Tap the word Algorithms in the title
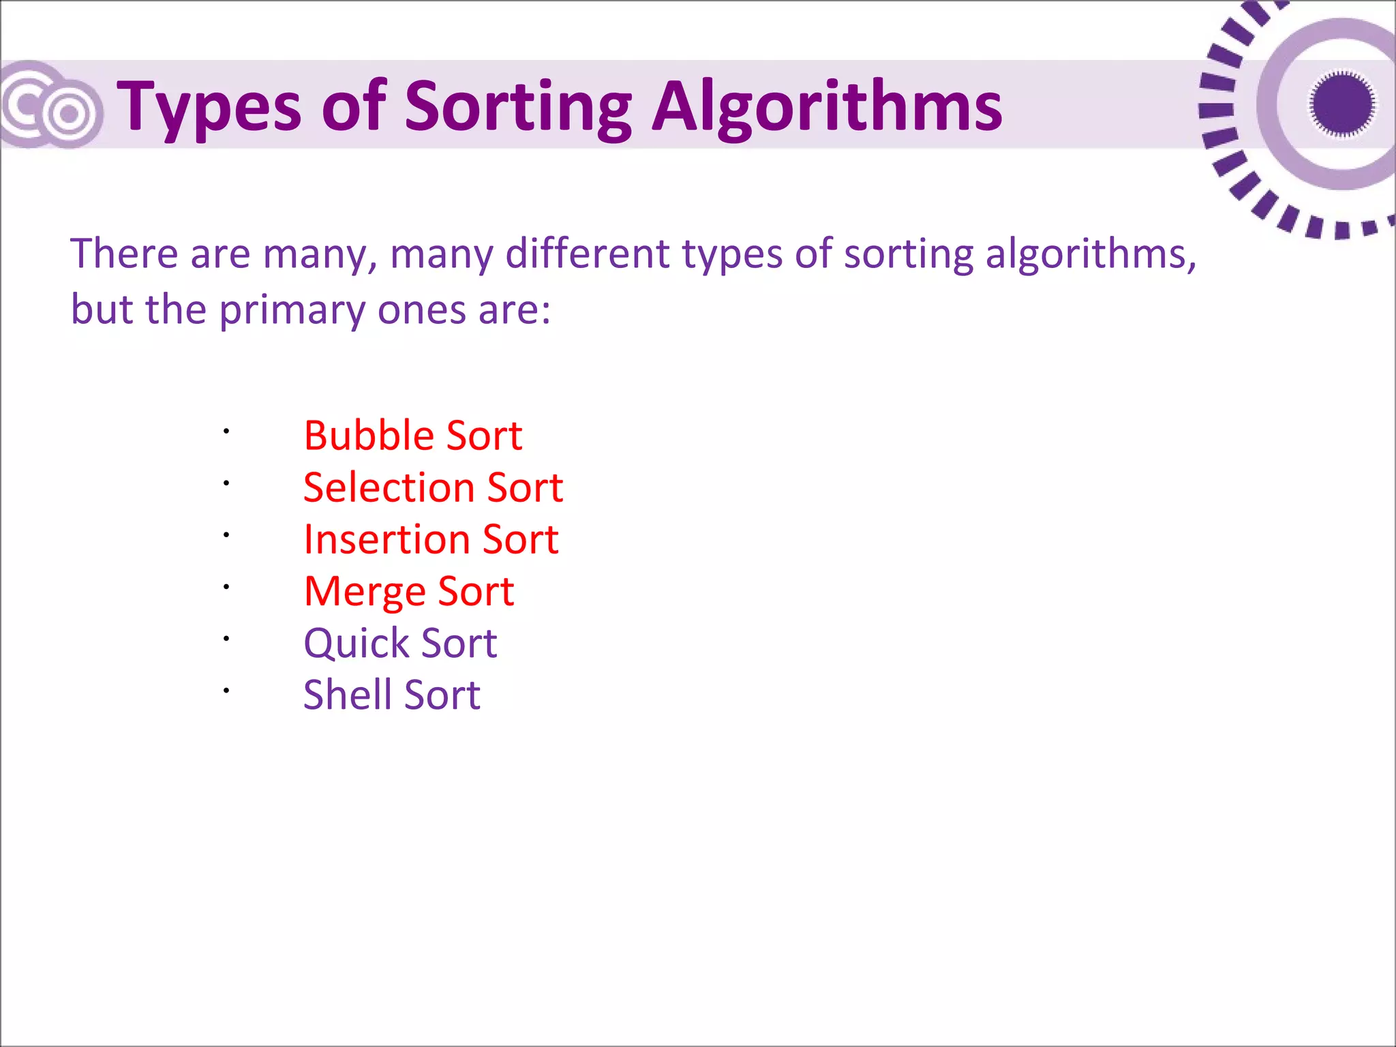tap(827, 108)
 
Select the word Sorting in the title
tap(518, 108)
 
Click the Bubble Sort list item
tap(413, 436)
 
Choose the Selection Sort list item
tap(433, 487)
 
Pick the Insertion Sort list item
tap(431, 539)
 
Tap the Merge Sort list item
tap(408, 591)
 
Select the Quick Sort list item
tap(400, 643)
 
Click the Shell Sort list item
tap(392, 695)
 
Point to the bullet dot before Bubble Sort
tap(226, 431)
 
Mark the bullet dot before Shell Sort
tap(226, 691)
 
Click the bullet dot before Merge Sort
tap(226, 586)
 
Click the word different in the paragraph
tap(587, 254)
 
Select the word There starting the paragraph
tap(124, 254)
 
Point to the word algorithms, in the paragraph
tap(1091, 254)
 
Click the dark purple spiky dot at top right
tap(1341, 104)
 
